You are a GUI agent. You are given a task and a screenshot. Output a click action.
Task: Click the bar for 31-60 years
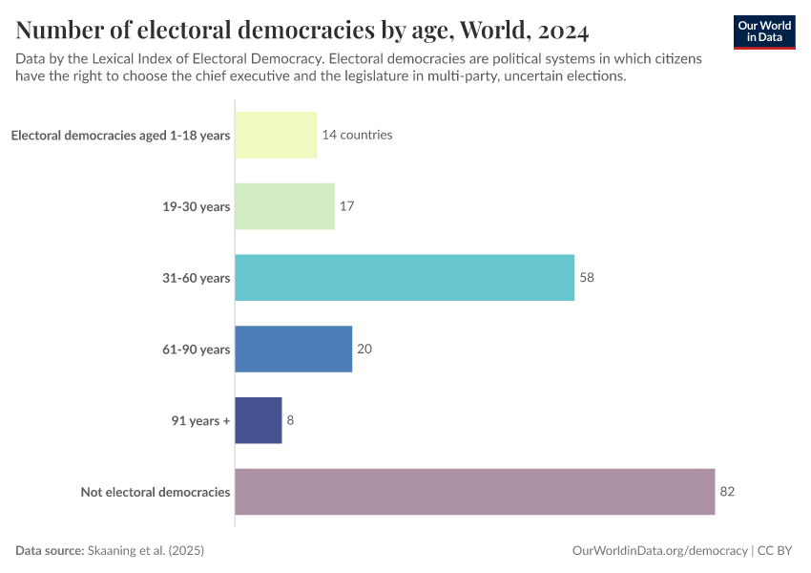pos(405,278)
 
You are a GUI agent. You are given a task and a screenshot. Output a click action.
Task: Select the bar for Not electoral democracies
pos(474,492)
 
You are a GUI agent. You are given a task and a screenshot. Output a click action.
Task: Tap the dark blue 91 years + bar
pos(259,420)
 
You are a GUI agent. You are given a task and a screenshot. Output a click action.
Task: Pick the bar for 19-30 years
pos(284,206)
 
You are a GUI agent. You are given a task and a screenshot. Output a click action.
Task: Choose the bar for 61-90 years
pos(294,350)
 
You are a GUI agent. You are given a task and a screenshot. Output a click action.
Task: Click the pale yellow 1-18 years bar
pos(276,135)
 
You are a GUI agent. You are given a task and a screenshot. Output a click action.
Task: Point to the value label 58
pos(587,278)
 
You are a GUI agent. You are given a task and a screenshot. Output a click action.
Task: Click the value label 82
pos(727,492)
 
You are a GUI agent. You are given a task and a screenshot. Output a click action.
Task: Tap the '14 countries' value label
pos(357,135)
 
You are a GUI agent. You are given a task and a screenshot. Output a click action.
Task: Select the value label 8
pos(290,420)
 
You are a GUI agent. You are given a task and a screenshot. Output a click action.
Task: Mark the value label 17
pos(347,206)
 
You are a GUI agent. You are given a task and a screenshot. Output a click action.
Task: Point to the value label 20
pos(364,350)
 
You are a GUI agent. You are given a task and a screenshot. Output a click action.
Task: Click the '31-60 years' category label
pos(196,278)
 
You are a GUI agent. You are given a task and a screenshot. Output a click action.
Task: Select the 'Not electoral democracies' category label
pos(156,492)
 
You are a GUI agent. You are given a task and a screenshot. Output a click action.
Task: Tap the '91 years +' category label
pos(201,420)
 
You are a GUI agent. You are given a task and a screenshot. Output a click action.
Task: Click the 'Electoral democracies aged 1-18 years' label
pos(120,135)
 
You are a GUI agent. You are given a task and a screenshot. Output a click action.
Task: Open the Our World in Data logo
pos(764,32)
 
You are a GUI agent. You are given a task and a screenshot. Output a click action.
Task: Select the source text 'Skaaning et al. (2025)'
pos(146,551)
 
